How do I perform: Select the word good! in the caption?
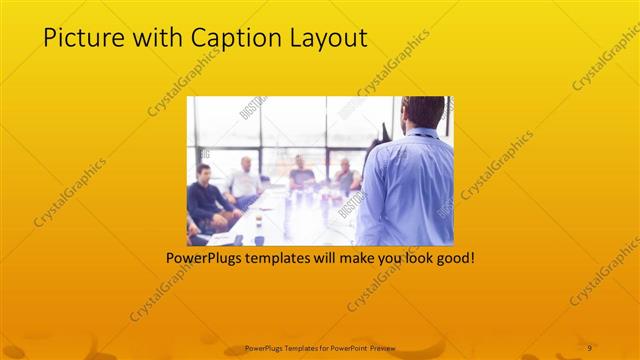pos(454,257)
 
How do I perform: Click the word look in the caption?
pos(410,257)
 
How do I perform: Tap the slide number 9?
pos(590,347)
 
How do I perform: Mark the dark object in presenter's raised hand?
pos(384,131)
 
